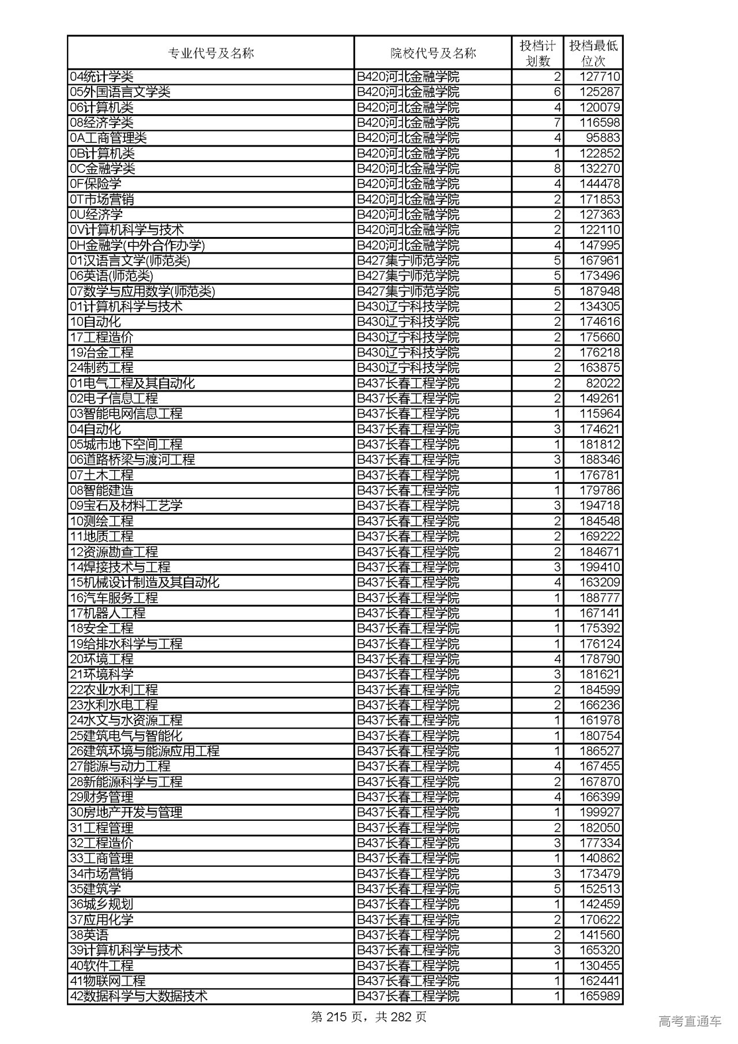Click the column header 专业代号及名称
point(210,54)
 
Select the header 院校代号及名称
point(433,54)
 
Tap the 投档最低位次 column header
point(593,54)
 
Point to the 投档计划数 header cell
point(537,54)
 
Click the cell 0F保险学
point(96,184)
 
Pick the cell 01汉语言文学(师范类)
point(130,261)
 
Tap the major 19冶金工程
point(101,352)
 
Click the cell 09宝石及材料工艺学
point(126,506)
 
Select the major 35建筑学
point(95,889)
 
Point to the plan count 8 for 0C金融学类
point(557,168)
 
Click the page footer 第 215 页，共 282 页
point(368,1017)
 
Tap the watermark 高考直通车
point(689,1022)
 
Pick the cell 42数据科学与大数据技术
point(138,996)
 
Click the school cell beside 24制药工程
point(408,367)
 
